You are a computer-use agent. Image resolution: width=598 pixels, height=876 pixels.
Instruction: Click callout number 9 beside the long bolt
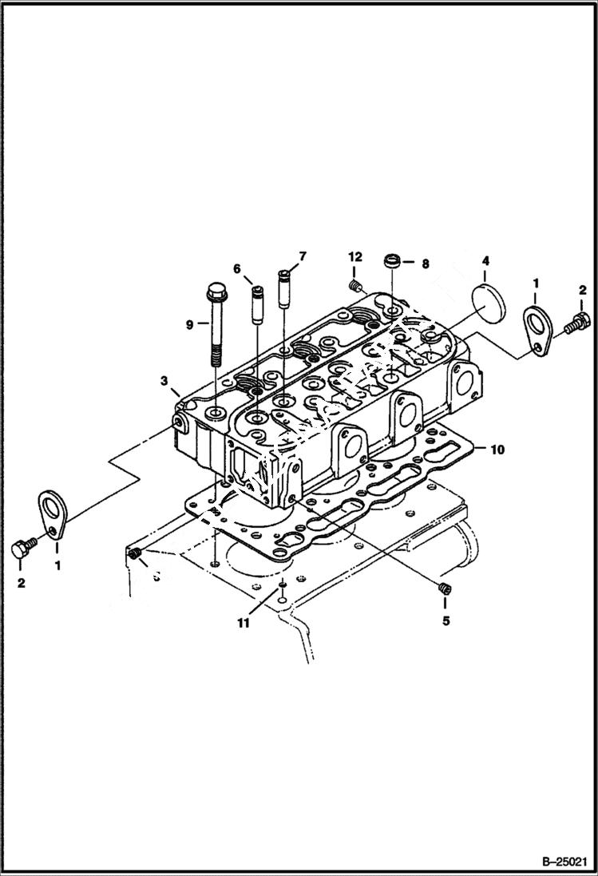190,324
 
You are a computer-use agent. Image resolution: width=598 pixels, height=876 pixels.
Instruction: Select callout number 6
237,269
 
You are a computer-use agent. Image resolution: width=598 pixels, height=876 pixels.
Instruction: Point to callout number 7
303,256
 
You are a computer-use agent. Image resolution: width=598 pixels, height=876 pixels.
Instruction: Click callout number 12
354,256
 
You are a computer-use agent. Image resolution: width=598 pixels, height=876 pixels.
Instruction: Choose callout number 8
425,263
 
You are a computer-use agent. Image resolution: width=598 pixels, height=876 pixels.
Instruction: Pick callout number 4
485,260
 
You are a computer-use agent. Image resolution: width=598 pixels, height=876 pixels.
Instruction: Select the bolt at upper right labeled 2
577,323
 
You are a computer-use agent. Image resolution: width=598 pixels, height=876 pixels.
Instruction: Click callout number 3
163,382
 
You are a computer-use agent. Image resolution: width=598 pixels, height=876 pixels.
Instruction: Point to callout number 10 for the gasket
497,450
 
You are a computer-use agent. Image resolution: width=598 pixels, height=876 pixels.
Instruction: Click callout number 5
446,620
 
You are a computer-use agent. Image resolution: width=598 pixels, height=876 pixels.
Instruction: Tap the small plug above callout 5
446,589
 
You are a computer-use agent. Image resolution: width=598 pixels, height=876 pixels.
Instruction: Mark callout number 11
243,622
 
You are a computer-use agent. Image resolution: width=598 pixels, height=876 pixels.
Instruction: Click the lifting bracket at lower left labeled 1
52,515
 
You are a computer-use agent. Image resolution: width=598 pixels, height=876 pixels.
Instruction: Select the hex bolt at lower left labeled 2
22,549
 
